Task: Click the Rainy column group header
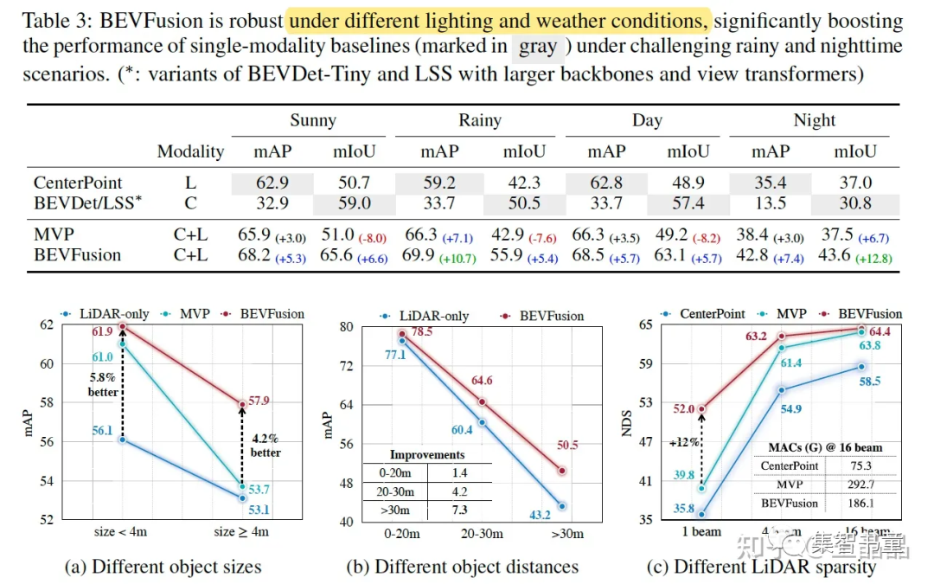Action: pyautogui.click(x=479, y=120)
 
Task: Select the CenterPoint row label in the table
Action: pyautogui.click(x=78, y=183)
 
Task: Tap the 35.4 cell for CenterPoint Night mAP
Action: pyautogui.click(x=770, y=183)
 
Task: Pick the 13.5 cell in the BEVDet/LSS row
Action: pyautogui.click(x=770, y=204)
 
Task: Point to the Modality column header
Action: pyautogui.click(x=190, y=151)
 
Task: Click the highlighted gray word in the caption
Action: pyautogui.click(x=538, y=48)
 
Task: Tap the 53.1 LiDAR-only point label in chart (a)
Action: pyautogui.click(x=259, y=509)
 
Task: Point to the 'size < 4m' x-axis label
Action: pyautogui.click(x=120, y=531)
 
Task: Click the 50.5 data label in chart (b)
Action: pyautogui.click(x=566, y=445)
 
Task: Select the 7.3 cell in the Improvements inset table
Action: pyautogui.click(x=459, y=510)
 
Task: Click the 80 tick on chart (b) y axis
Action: pyautogui.click(x=346, y=327)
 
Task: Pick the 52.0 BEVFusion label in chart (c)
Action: pyautogui.click(x=679, y=409)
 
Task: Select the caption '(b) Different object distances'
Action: pyautogui.click(x=463, y=568)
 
